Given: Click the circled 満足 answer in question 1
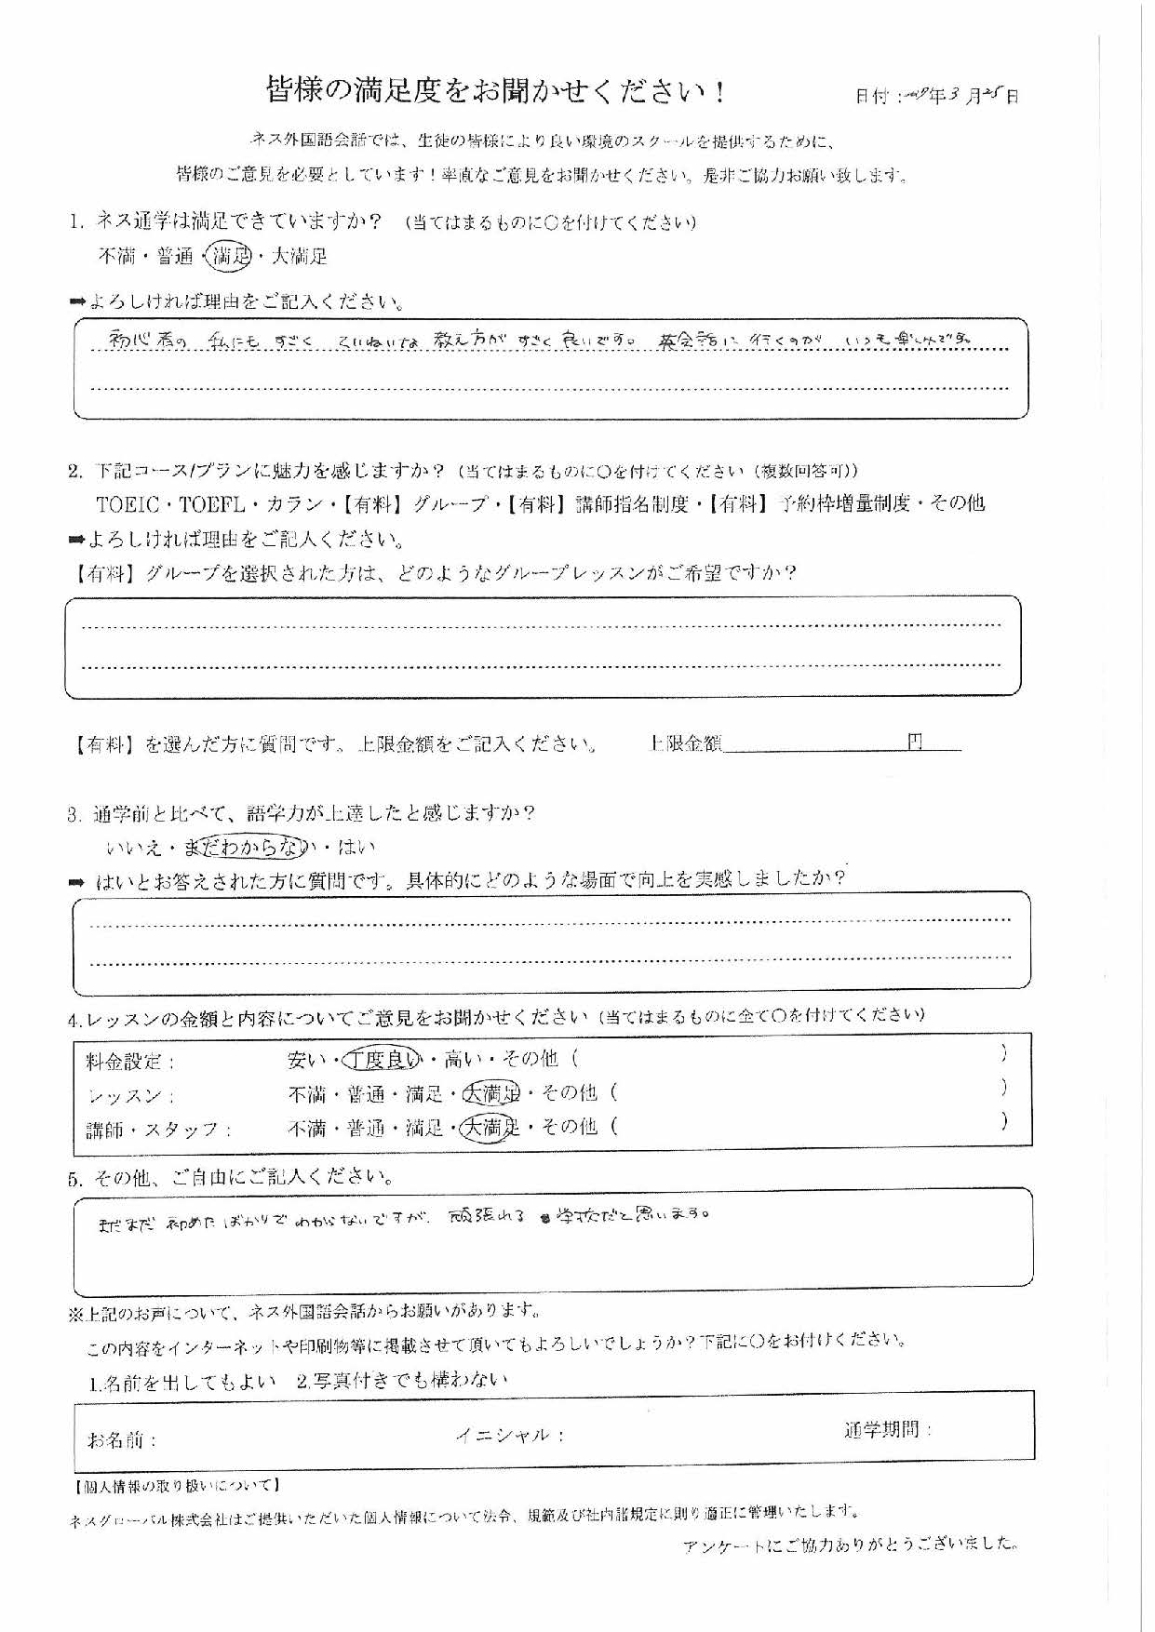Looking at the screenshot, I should (231, 256).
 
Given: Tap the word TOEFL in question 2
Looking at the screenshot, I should (212, 504).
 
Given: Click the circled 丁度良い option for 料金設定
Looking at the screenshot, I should (383, 1059).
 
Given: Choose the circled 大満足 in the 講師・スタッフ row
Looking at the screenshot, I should (490, 1128).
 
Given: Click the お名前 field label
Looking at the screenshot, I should (122, 1440).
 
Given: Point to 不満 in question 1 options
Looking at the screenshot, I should (117, 257).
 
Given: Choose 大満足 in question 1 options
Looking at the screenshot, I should (299, 256).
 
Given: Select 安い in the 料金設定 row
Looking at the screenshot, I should (307, 1060).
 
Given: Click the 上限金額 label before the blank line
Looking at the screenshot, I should (685, 743).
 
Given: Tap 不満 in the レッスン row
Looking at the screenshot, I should (307, 1094).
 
